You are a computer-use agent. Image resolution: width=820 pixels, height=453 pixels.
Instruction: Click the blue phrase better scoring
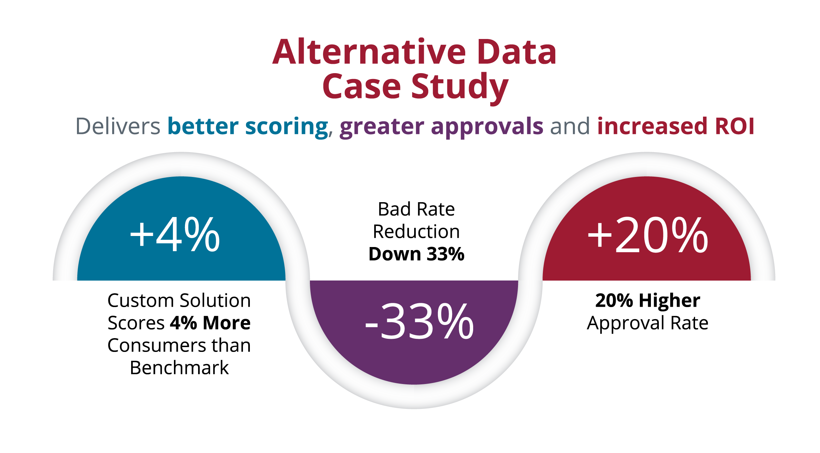(247, 126)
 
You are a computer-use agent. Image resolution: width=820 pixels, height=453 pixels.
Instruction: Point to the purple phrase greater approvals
(441, 126)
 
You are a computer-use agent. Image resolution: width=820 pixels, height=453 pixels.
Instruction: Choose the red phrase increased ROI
(675, 126)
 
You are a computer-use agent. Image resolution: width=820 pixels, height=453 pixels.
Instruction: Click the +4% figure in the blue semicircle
(175, 235)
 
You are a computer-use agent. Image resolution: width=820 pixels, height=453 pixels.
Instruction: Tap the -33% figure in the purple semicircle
(419, 322)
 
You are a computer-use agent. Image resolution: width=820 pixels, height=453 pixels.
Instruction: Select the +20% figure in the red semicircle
(648, 235)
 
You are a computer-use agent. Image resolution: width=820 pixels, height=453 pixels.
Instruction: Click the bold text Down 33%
(416, 254)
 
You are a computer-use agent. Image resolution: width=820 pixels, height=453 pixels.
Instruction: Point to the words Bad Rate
(416, 209)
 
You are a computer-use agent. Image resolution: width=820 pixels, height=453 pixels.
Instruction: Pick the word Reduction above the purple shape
(416, 232)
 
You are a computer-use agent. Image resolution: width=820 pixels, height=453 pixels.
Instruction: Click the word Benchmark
(179, 368)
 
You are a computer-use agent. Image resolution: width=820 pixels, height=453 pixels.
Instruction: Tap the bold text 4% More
(210, 323)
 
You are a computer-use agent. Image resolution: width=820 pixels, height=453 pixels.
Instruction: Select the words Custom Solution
(179, 301)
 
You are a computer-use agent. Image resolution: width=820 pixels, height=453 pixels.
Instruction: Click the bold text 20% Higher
(647, 301)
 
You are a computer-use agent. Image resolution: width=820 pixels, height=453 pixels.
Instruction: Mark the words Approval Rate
(647, 323)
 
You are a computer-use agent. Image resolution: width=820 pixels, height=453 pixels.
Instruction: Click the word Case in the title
(361, 87)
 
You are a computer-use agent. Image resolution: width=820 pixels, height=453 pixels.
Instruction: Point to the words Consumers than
(179, 345)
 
